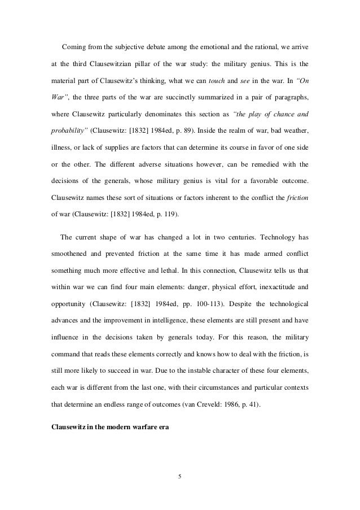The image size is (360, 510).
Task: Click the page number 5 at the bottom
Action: click(x=179, y=476)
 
